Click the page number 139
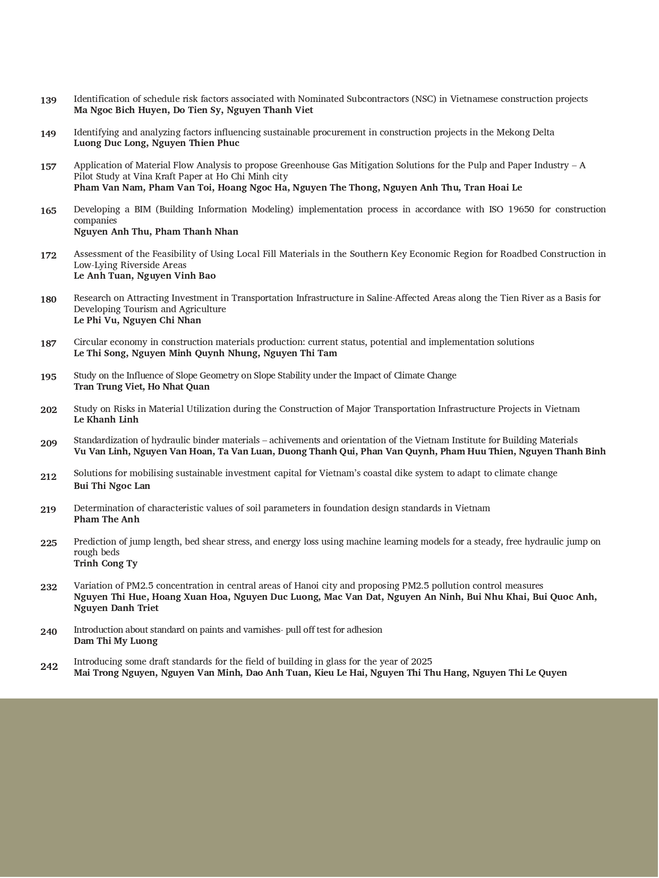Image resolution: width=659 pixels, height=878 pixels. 48,100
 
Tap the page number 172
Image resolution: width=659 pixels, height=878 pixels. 48,255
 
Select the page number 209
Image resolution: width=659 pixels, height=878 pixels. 48,443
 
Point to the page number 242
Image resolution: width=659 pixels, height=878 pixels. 48,666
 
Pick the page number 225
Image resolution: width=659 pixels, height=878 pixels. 48,543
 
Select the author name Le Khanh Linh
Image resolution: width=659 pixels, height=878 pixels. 106,419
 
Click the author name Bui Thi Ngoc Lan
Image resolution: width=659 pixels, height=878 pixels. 112,486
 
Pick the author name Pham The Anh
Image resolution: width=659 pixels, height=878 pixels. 107,519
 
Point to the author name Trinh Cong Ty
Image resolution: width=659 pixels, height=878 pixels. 106,563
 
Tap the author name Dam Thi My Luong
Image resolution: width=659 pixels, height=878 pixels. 116,641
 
